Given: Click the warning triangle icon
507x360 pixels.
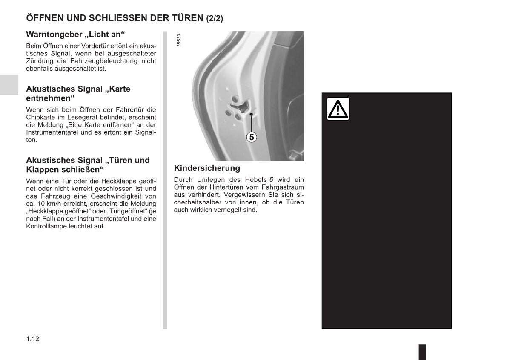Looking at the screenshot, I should (x=338, y=109).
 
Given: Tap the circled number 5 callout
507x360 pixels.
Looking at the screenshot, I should (x=252, y=137).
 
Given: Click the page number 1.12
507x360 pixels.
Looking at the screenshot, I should (x=33, y=339).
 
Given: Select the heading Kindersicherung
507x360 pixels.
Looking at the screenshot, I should (x=207, y=168).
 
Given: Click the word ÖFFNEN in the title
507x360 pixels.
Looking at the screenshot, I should (x=44, y=18).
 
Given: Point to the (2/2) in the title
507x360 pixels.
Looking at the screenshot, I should (x=215, y=18).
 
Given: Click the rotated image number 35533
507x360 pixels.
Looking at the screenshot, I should (x=179, y=40).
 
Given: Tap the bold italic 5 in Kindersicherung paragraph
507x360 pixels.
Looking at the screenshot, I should (x=271, y=180).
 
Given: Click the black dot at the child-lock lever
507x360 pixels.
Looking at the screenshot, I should (x=252, y=114).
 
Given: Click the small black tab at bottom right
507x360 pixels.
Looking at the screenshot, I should (x=422, y=352).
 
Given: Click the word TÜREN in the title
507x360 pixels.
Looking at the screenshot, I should (x=186, y=18).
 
